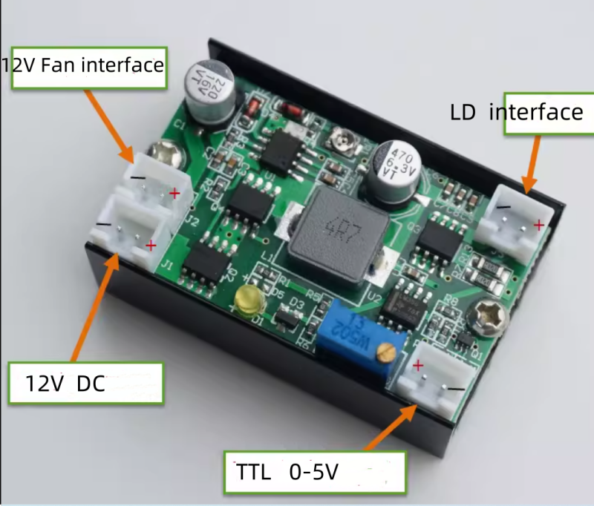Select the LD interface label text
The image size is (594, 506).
pos(517,112)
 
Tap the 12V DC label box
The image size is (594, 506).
pos(85,383)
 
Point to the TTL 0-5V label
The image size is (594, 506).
pos(315,472)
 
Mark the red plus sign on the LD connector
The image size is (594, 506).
pos(538,223)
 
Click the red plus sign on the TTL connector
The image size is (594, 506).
pos(418,364)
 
